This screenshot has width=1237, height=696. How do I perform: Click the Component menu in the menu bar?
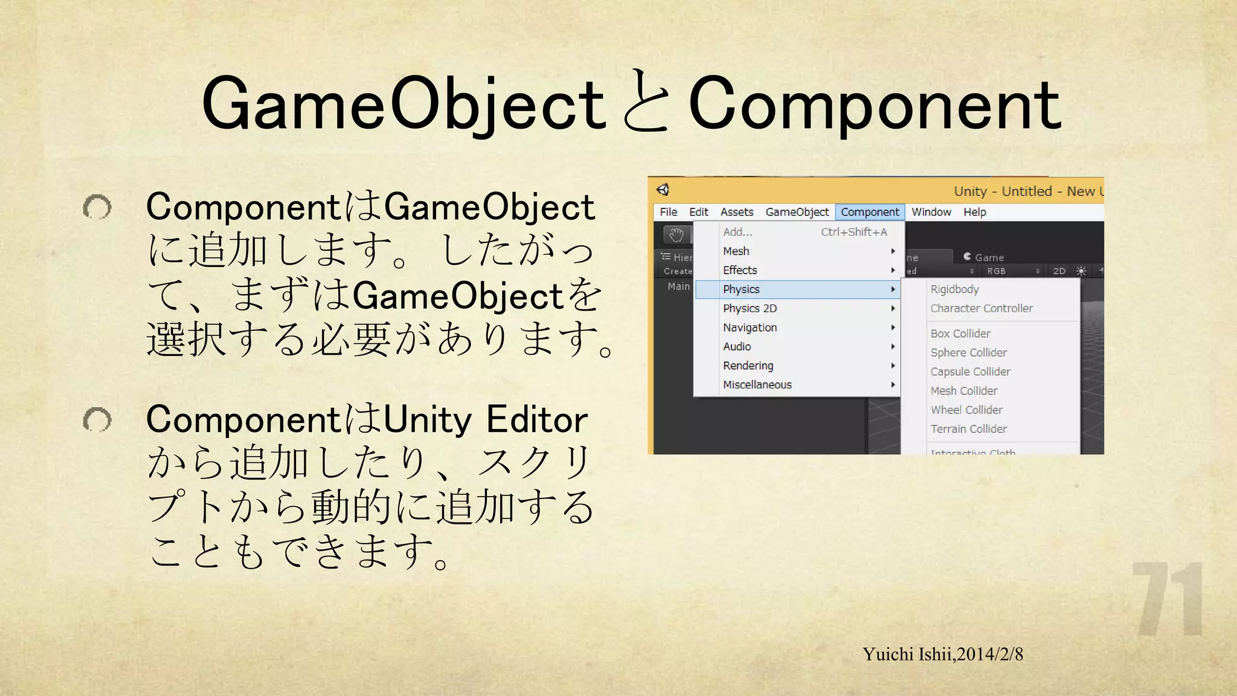point(870,212)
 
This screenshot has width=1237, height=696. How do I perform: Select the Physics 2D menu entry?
point(750,308)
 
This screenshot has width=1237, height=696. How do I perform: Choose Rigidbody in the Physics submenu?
point(954,289)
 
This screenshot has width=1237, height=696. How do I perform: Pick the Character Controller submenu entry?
point(982,308)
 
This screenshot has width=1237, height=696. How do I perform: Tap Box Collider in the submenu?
point(960,333)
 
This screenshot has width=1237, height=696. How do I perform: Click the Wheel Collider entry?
point(966,410)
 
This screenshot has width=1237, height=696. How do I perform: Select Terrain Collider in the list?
point(968,429)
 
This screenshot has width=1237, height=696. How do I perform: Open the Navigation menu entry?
point(750,327)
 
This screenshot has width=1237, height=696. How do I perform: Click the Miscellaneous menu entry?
point(757,385)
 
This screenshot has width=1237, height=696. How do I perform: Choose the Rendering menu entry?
point(748,366)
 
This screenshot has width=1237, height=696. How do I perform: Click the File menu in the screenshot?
point(668,212)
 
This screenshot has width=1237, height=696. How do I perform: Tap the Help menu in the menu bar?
point(974,212)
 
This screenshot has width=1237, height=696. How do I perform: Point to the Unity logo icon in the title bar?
point(663,190)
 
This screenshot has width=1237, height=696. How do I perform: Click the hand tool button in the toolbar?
point(676,234)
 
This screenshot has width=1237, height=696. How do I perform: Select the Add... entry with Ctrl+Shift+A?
point(737,232)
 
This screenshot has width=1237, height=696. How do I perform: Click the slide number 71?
point(1167,599)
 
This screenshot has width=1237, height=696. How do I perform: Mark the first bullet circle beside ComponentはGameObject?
point(97,207)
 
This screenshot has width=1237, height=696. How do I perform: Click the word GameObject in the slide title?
point(403,104)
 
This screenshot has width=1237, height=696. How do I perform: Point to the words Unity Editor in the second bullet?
point(485,419)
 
